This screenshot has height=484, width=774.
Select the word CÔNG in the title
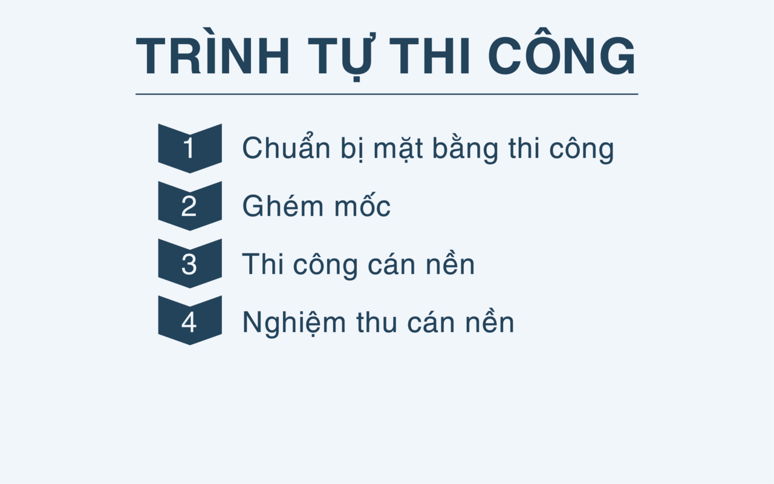562,57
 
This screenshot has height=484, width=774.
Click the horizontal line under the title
387,94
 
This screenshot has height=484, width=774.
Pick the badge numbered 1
190,148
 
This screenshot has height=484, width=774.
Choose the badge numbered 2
190,206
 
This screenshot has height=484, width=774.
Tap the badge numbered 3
190,263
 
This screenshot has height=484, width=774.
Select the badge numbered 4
190,321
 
